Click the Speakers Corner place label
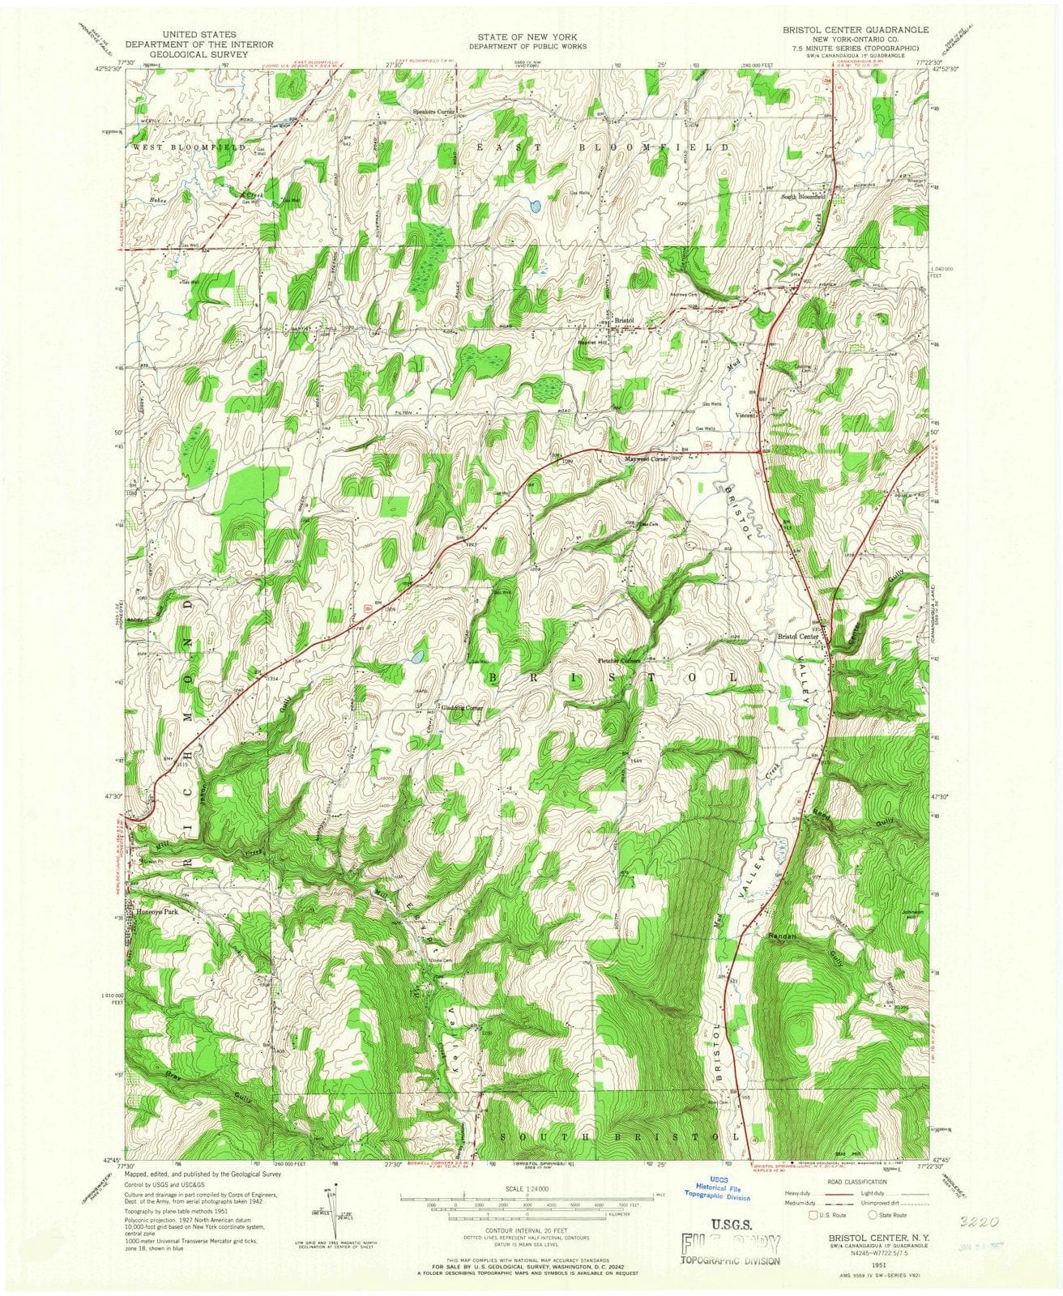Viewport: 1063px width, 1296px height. [x=435, y=111]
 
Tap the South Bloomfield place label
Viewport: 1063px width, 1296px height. [x=803, y=196]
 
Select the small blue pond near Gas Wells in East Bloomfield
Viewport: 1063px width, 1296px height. [x=535, y=206]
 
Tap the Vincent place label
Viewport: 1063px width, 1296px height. [x=745, y=416]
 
